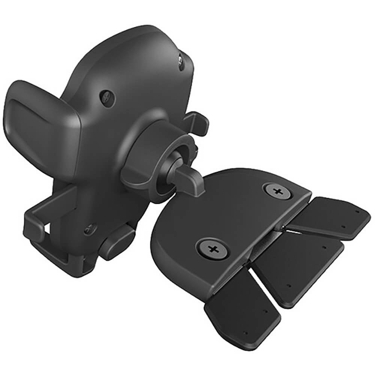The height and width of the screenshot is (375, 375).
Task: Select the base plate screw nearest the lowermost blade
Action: coord(213,248)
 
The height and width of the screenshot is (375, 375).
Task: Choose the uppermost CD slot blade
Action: coord(330,217)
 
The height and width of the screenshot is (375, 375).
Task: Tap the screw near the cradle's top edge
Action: coord(181,62)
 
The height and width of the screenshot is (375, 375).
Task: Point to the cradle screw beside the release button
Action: coord(90,229)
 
